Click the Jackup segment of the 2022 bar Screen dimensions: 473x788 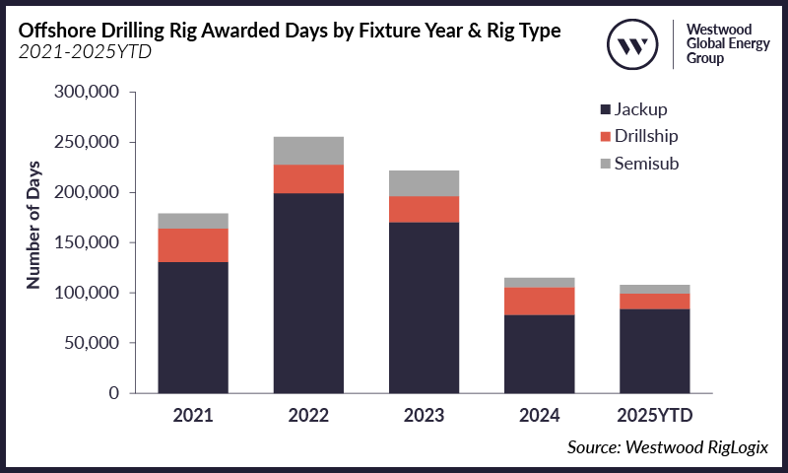(308, 293)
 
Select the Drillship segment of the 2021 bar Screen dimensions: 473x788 (193, 245)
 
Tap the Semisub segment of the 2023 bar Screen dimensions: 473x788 (424, 183)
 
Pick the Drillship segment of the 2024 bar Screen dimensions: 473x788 (540, 302)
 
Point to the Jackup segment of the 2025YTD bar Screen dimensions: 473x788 (655, 351)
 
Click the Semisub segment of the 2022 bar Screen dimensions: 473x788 (308, 151)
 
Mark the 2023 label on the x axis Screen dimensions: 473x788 (424, 414)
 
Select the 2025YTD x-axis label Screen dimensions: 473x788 (655, 414)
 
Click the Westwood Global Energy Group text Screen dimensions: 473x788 (724, 44)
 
